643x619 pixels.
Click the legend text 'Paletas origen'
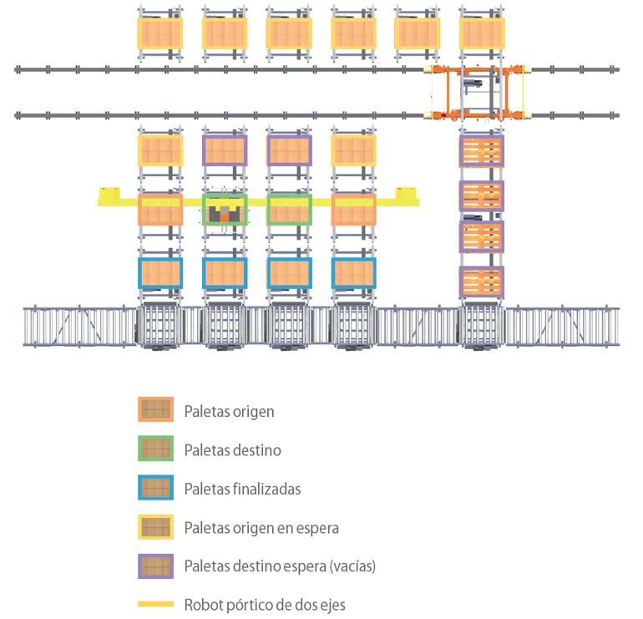coord(229,411)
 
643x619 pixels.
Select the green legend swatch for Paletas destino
coord(155,449)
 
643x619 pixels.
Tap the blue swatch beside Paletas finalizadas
coord(155,488)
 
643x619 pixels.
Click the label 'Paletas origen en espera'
coord(261,527)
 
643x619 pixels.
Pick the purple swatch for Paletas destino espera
coord(155,566)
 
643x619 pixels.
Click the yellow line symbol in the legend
coord(155,604)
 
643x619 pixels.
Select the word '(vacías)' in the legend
coord(352,566)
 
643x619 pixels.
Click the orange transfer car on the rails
coord(477,92)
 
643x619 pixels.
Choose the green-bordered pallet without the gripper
coord(289,210)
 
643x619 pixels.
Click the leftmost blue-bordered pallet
coord(160,273)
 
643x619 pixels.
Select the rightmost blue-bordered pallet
coord(354,273)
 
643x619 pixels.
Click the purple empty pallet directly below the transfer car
coord(482,151)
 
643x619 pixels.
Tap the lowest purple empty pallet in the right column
coord(482,282)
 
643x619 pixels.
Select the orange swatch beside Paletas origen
coord(155,410)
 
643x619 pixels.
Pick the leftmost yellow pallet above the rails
coord(160,33)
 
